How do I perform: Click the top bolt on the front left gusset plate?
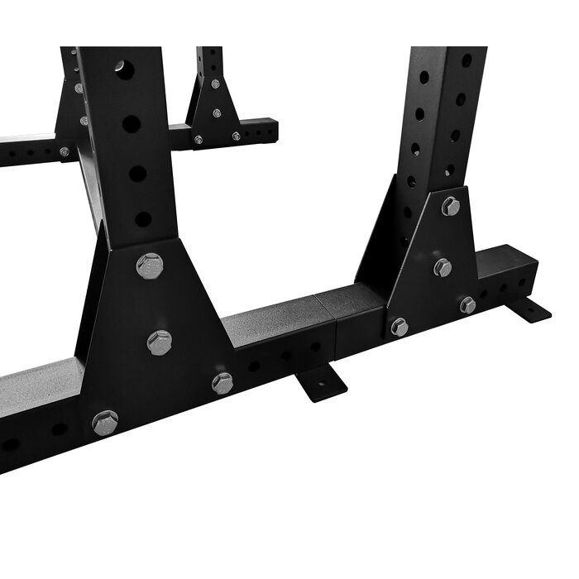150,266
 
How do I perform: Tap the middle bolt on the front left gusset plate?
159,342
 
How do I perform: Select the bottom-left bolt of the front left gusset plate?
105,423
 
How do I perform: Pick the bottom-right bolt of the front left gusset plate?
223,383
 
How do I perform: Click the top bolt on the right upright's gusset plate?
451,206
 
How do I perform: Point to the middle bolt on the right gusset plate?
443,267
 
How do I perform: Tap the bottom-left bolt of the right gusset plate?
400,327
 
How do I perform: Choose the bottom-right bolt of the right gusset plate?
468,304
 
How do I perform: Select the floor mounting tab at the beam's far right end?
529,311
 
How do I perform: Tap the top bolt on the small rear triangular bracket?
215,84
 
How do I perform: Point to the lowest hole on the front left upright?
143,220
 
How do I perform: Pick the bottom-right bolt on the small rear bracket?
237,136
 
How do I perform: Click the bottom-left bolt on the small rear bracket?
199,140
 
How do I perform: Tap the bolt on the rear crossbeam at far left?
65,152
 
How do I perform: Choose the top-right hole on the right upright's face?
467,60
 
